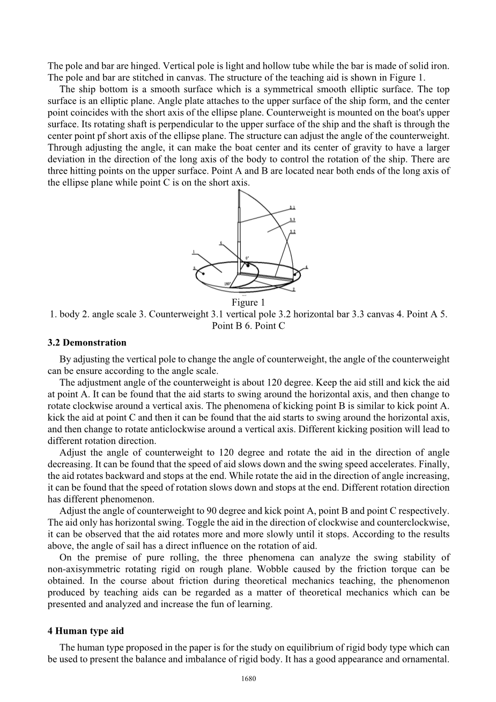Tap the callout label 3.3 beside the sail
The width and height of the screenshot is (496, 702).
pos(292,219)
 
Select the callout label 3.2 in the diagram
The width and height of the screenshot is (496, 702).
pos(292,232)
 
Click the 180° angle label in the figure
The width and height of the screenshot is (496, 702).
pos(227,284)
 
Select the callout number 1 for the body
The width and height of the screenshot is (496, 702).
pos(194,252)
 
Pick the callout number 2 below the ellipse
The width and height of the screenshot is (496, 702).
pos(293,290)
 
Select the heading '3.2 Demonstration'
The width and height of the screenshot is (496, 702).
pos(87,343)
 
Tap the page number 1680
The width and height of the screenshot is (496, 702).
pos(249,679)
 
